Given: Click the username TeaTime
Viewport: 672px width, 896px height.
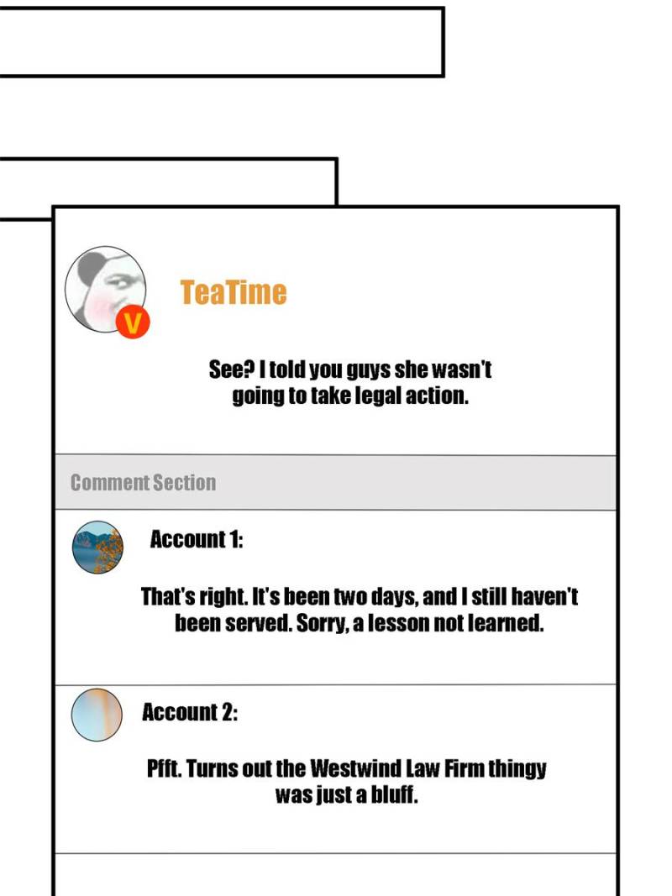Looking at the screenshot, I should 233,292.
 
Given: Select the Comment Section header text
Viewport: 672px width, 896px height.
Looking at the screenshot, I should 143,483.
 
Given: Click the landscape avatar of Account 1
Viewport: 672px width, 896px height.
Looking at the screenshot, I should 97,548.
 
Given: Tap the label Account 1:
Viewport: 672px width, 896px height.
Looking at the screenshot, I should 197,540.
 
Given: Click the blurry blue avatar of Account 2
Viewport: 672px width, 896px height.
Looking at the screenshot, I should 97,715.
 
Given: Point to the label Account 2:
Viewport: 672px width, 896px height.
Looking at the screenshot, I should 190,713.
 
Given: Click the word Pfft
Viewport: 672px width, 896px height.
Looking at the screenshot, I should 165,768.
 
